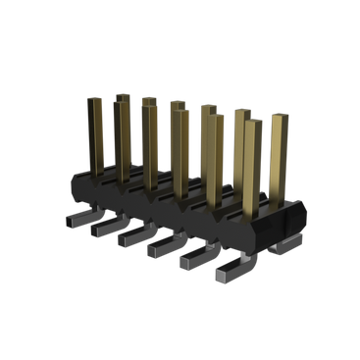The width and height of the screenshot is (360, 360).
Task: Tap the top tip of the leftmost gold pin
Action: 95,101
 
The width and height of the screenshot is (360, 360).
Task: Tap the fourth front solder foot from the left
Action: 162,251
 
